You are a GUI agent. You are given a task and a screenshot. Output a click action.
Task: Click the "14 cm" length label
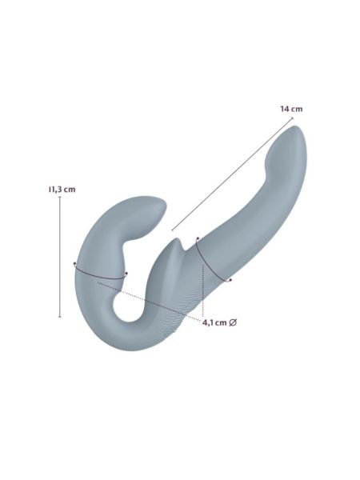[291, 109]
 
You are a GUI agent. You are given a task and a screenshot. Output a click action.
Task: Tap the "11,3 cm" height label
[62, 190]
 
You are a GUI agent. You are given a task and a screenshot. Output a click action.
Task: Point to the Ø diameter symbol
[232, 322]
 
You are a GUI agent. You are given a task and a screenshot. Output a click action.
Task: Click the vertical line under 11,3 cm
[60, 257]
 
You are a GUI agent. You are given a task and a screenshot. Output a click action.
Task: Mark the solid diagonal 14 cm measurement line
[233, 174]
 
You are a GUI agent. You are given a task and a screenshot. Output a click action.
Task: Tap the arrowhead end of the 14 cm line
[293, 118]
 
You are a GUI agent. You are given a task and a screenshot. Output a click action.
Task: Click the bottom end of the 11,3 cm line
[60, 317]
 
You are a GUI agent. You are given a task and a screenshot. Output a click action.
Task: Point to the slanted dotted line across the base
[149, 302]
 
